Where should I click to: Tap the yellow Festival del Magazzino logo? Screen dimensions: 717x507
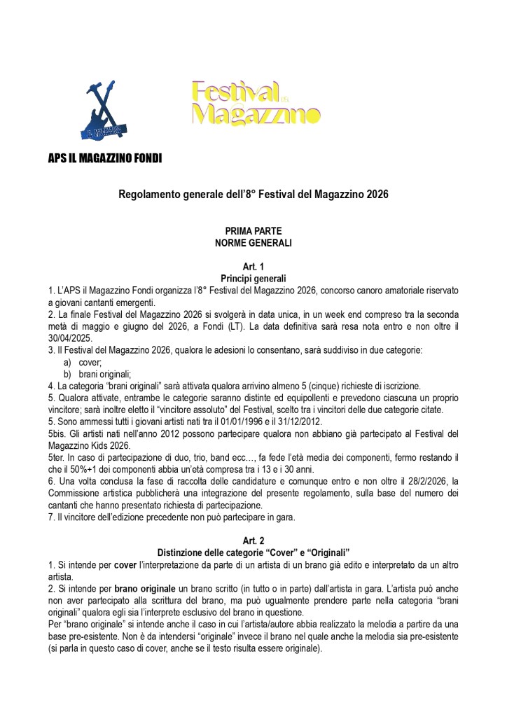[255, 102]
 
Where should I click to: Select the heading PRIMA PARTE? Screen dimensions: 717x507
[253, 230]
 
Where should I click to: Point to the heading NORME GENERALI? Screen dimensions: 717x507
[253, 243]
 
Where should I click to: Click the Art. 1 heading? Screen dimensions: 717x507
[253, 267]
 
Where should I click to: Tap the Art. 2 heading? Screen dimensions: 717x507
[253, 541]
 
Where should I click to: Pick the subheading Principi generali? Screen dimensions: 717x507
[253, 279]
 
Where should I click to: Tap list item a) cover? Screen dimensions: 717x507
[90, 361]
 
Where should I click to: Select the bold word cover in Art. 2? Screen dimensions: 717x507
[125, 564]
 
